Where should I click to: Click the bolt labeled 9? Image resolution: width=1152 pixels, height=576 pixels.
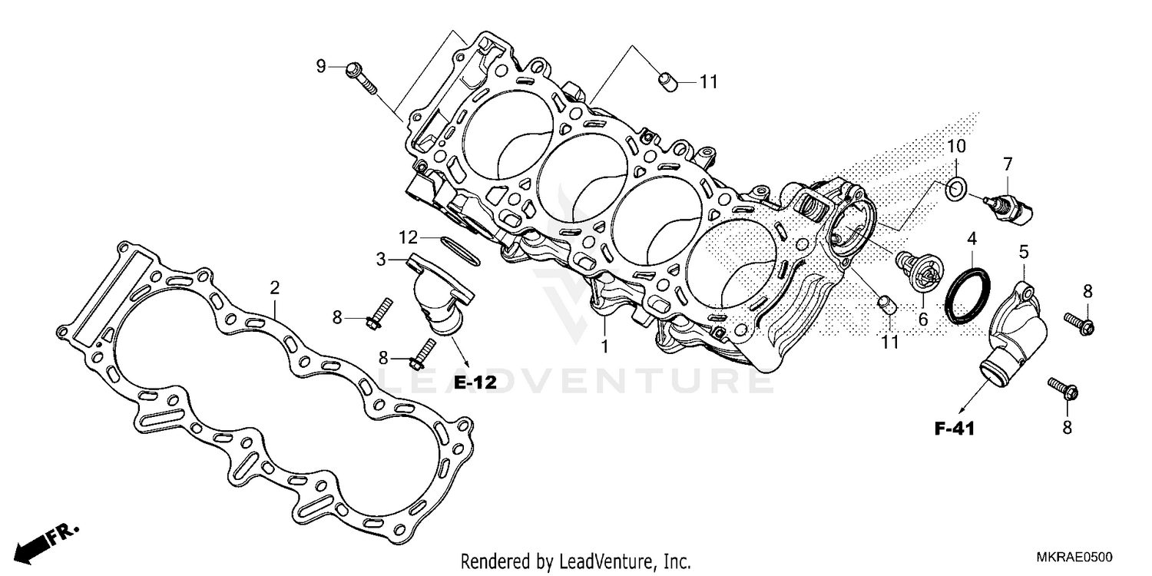(x=362, y=77)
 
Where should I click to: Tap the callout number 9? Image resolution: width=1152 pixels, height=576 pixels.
(x=322, y=66)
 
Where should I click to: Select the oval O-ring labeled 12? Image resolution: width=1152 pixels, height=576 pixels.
(x=458, y=247)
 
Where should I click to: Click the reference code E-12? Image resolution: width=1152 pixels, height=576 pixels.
(x=475, y=382)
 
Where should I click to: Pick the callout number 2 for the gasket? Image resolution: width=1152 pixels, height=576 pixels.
(x=274, y=288)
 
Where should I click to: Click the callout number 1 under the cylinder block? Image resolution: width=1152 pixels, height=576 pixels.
(x=604, y=346)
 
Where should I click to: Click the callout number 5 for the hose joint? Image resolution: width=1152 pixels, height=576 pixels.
(x=1024, y=250)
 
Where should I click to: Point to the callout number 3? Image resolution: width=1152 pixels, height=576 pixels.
(x=381, y=260)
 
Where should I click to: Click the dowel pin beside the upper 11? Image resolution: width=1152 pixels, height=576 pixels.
(x=667, y=81)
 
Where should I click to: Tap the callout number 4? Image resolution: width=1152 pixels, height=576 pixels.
(x=972, y=238)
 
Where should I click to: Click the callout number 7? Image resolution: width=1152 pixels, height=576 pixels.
(x=1008, y=163)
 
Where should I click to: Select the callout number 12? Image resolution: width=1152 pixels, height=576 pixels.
(x=407, y=235)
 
